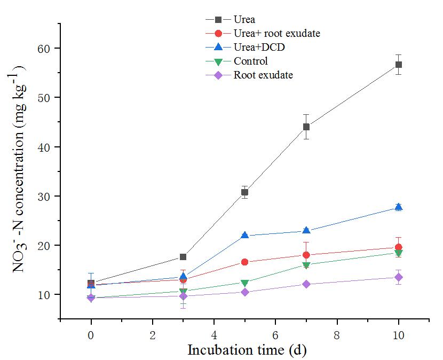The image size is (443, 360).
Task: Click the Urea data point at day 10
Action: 398,65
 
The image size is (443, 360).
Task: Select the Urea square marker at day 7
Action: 306,127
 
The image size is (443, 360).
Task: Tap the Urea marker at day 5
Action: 244,192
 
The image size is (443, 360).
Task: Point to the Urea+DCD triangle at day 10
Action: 398,207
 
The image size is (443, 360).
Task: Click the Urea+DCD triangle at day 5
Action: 244,235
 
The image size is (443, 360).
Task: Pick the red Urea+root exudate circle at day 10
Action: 398,247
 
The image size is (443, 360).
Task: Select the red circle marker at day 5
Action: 244,262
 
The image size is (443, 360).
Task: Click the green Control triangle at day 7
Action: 306,265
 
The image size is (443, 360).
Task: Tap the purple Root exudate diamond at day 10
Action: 398,277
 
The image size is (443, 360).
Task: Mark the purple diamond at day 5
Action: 244,292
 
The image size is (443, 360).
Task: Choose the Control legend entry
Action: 250,61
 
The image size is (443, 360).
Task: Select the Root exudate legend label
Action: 263,75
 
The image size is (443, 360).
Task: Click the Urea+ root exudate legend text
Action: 276,34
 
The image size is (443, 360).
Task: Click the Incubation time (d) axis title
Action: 247,351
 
